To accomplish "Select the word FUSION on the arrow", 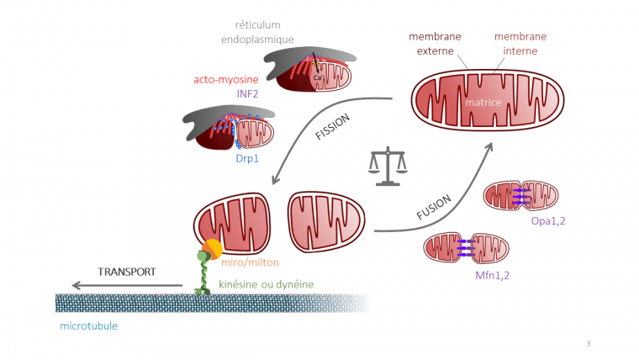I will [435, 207].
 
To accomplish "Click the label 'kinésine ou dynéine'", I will [266, 284].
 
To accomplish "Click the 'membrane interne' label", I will [520, 43].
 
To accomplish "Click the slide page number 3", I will [588, 342].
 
